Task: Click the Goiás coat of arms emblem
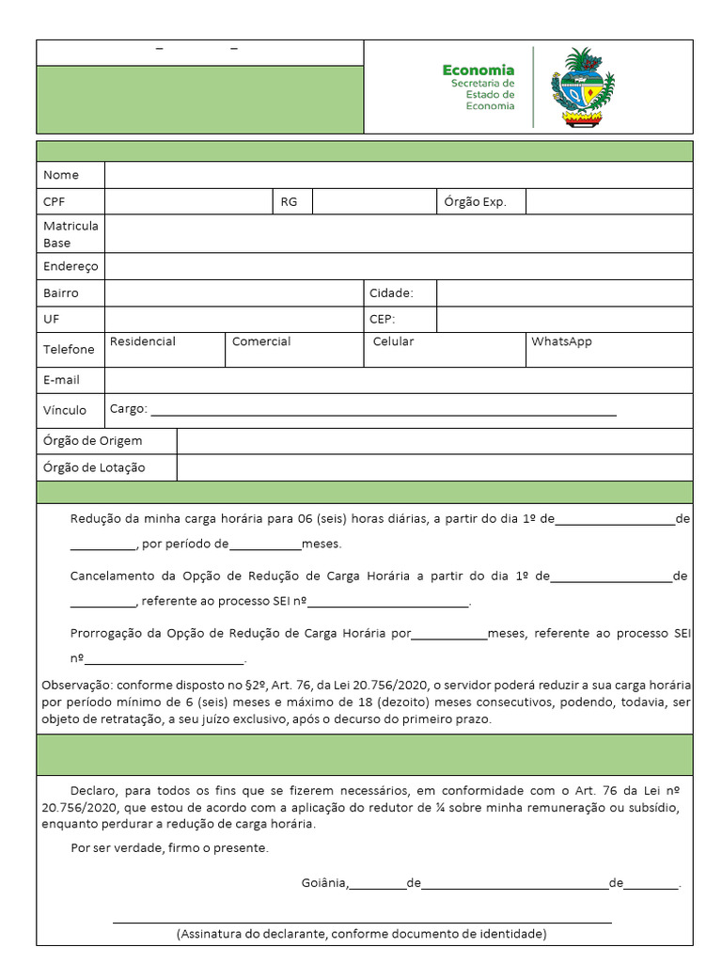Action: (583, 87)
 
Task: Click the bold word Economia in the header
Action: (479, 70)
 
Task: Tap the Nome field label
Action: (61, 175)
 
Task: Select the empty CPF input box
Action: (188, 202)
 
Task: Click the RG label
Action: (289, 202)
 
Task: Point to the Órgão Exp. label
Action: (475, 202)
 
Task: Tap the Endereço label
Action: (71, 266)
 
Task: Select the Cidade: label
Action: (391, 293)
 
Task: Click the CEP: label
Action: (383, 320)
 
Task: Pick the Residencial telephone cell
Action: (165, 349)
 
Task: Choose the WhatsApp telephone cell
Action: (608, 349)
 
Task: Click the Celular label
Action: (393, 341)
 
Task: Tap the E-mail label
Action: (61, 380)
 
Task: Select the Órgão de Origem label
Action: (93, 441)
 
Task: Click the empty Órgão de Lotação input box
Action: (434, 467)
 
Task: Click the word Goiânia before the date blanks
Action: (324, 883)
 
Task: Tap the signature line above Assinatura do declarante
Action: (362, 923)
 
